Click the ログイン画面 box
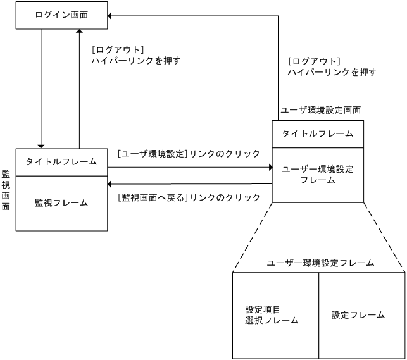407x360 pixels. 61,15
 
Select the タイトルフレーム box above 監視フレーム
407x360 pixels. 61,161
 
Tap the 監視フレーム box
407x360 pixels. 61,203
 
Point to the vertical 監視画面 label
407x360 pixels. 6,190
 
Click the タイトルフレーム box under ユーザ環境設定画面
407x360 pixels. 318,134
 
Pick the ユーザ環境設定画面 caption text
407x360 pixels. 321,110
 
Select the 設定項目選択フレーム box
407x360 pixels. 275,314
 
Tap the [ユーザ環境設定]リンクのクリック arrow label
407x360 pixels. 189,154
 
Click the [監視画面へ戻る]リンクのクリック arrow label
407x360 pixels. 189,197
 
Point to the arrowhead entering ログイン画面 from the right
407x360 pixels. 111,15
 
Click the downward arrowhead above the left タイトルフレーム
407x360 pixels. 41,144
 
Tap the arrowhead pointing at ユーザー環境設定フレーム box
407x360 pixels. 268,168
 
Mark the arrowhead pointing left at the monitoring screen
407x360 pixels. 111,184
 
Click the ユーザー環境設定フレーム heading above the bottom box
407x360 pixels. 320,262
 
